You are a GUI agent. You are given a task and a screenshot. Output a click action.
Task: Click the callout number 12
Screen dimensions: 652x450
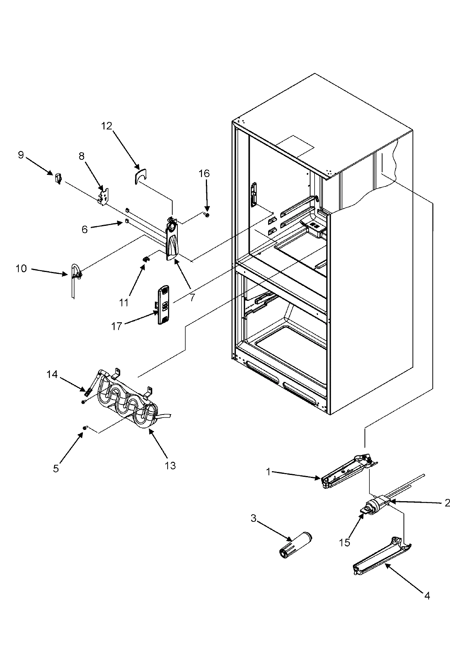tap(106, 126)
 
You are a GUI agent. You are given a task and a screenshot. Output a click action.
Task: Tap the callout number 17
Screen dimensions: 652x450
tap(117, 326)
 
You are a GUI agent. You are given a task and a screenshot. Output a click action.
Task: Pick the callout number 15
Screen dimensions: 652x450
tap(345, 542)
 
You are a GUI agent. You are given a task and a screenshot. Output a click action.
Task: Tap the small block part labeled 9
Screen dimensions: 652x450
tap(58, 179)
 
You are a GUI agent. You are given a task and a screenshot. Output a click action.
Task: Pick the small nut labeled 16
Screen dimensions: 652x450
tap(207, 215)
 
